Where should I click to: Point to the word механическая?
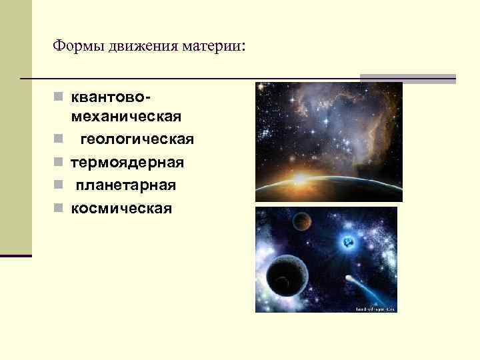pos(125,117)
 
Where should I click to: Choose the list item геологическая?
pos(137,139)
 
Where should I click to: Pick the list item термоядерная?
pos(127,162)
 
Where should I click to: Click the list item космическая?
pos(121,208)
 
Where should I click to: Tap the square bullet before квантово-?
pos(59,97)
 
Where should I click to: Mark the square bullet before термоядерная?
pos(59,162)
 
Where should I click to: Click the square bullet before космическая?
pos(59,208)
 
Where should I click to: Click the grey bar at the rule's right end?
pos(408,78)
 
